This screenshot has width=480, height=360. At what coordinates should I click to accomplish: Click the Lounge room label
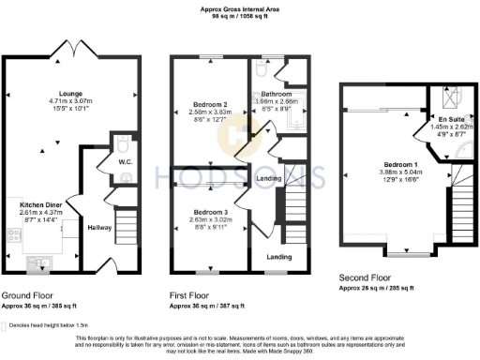click(72, 93)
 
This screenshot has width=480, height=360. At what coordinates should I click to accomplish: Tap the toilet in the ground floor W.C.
click(122, 145)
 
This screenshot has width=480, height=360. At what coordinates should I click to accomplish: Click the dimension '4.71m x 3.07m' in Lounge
click(72, 101)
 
